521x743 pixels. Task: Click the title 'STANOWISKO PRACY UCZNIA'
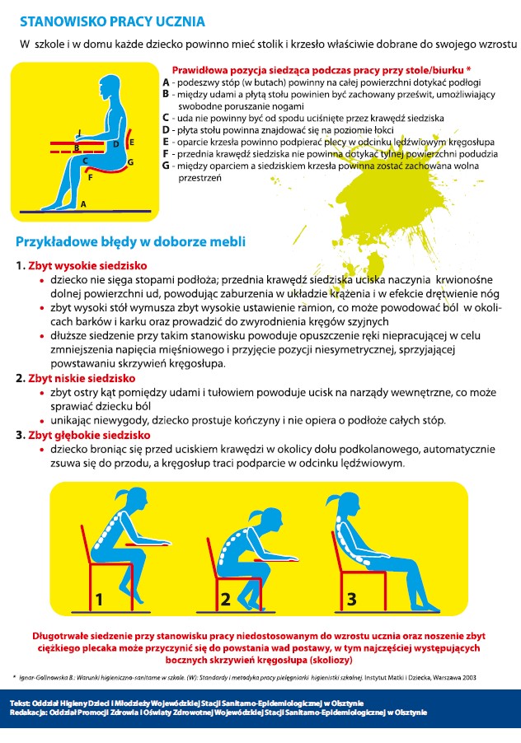pyautogui.click(x=112, y=21)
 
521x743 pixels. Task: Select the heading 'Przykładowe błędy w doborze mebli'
pyautogui.click(x=130, y=242)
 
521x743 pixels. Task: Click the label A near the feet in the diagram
pyautogui.click(x=82, y=202)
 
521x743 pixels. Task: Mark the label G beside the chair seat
pyautogui.click(x=129, y=162)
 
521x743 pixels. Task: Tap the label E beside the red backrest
pyautogui.click(x=132, y=143)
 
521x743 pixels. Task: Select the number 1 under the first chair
pyautogui.click(x=98, y=600)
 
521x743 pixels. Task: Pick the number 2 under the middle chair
pyautogui.click(x=224, y=600)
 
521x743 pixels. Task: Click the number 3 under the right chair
pyautogui.click(x=351, y=600)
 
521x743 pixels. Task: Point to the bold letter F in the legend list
pyautogui.click(x=166, y=153)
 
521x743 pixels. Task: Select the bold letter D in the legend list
pyautogui.click(x=166, y=130)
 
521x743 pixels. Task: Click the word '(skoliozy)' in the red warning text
pyautogui.click(x=327, y=661)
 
